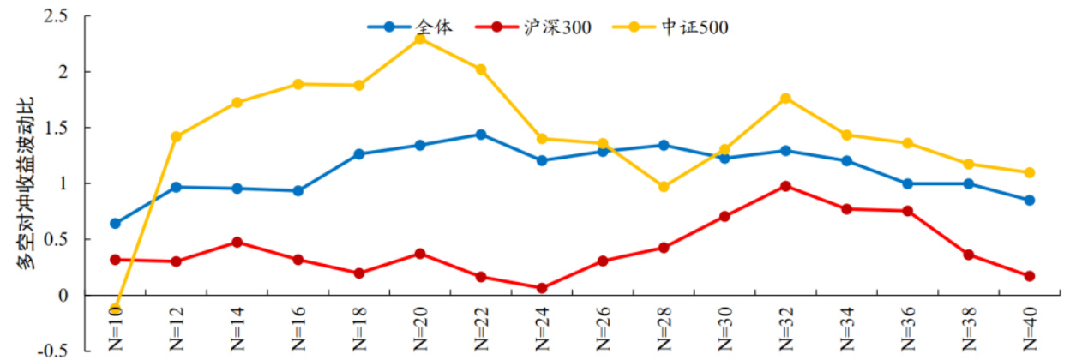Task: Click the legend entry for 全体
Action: coord(420,27)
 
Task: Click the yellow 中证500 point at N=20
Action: coord(420,39)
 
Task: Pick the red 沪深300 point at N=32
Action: coord(785,186)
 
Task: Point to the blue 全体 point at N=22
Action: coord(481,135)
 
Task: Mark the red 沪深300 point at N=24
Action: coord(542,288)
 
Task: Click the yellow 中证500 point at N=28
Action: coord(664,187)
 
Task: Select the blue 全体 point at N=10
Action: coord(116,224)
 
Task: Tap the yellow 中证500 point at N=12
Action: coord(177,136)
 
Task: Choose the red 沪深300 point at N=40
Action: coord(1029,276)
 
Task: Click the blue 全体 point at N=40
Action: coord(1029,201)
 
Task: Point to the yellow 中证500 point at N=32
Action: coord(785,99)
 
